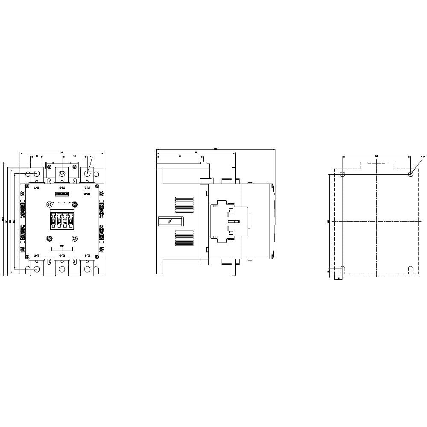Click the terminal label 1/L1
tap(36, 187)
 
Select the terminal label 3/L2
tap(62, 187)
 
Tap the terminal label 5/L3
tap(87, 187)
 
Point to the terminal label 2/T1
tap(36, 255)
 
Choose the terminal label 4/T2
tap(62, 255)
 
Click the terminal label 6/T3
tap(87, 255)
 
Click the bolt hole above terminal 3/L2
tap(62, 173)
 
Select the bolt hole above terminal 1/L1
tap(36, 174)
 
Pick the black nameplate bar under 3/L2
tap(62, 194)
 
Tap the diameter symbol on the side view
tap(170, 221)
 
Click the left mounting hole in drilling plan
tap(342, 174)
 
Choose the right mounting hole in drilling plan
tap(410, 174)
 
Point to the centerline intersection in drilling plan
tap(376, 221)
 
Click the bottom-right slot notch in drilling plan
tap(410, 270)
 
